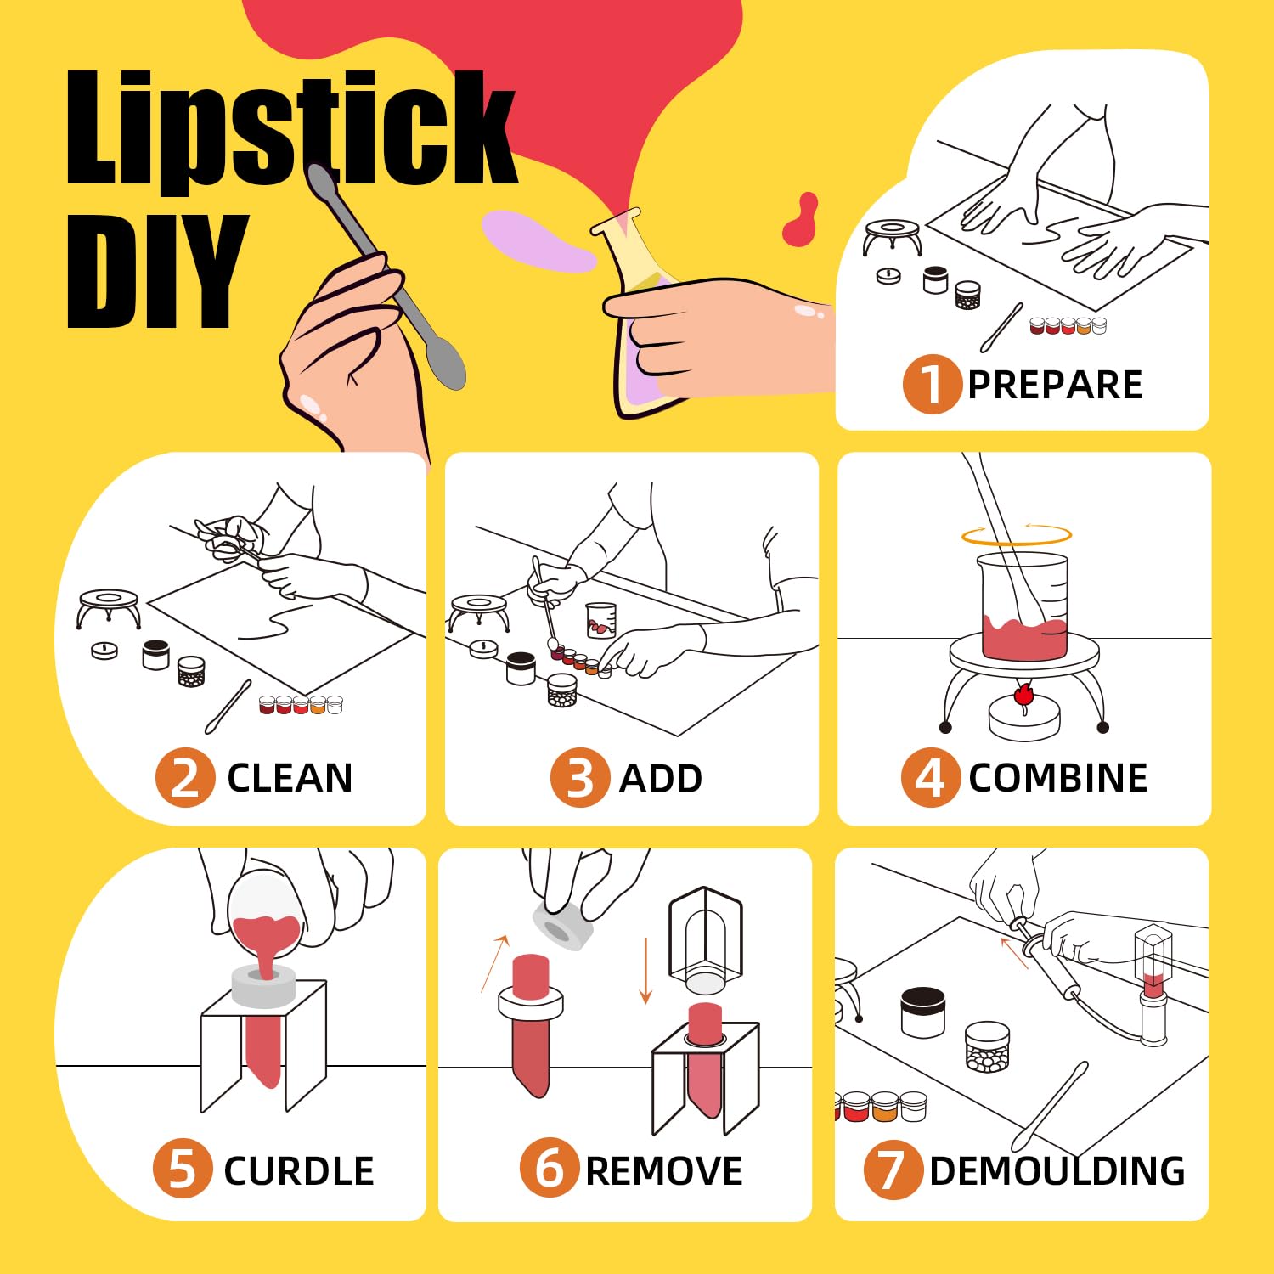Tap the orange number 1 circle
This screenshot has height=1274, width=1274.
point(931,384)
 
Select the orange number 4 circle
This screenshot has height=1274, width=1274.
point(930,777)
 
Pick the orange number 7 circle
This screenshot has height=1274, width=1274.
point(892,1170)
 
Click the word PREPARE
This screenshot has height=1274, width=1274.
point(1055,385)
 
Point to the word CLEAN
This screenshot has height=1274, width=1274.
point(290,778)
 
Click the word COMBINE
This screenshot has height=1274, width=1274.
point(1058,778)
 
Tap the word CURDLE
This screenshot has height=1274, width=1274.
point(299,1171)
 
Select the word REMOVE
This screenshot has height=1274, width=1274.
point(664,1171)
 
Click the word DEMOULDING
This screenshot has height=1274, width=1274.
point(1057,1171)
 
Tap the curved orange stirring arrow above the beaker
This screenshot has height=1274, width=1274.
point(1017,535)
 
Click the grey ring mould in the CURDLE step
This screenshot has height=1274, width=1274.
point(264,987)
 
